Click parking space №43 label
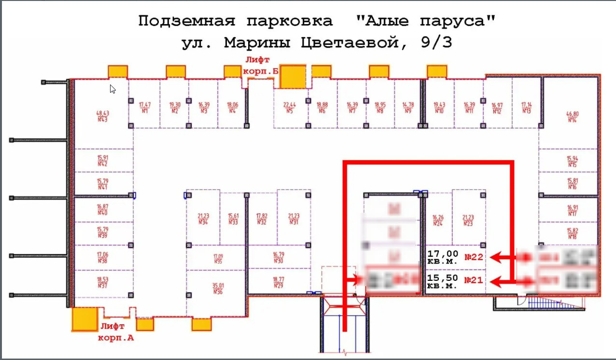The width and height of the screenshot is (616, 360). (102, 116)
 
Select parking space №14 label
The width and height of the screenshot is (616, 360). (572, 117)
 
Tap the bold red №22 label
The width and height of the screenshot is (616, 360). (474, 257)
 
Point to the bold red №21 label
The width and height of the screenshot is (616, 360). (474, 280)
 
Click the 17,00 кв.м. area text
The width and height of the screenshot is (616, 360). (443, 257)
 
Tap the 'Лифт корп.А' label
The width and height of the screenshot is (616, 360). (116, 332)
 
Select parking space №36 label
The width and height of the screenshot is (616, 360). (217, 289)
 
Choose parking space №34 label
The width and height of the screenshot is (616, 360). (203, 219)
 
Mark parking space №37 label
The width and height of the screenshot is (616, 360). (102, 283)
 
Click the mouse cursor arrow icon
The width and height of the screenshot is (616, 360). (112, 89)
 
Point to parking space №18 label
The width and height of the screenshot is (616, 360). (573, 234)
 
